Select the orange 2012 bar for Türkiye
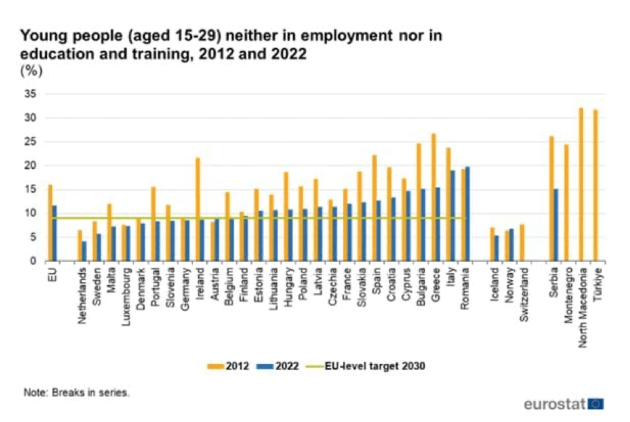click(x=595, y=185)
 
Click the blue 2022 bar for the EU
click(x=55, y=233)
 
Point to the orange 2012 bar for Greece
click(x=433, y=197)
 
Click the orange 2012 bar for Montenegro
click(x=566, y=203)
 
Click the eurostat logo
click(x=562, y=404)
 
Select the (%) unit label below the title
click(x=31, y=71)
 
